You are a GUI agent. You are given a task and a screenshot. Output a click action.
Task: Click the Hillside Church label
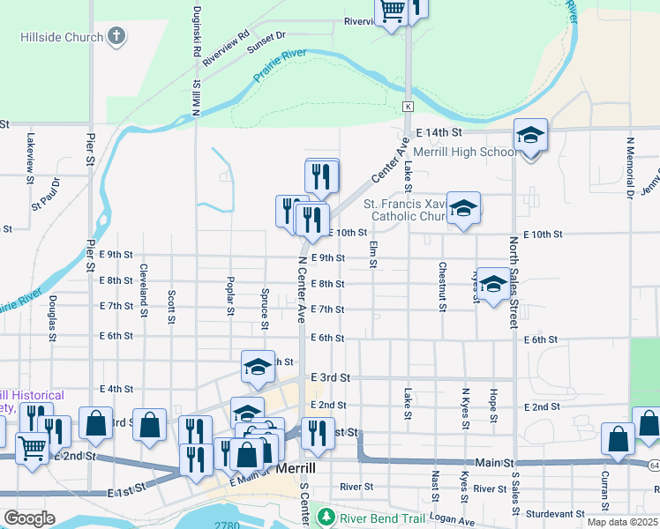click(x=61, y=38)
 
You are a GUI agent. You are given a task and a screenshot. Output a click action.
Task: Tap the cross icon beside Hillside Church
click(x=116, y=37)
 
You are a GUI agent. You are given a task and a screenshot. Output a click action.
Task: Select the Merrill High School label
click(x=465, y=152)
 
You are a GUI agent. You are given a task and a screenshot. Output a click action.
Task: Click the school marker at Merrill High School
click(x=531, y=136)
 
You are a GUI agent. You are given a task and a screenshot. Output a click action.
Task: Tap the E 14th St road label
click(x=439, y=132)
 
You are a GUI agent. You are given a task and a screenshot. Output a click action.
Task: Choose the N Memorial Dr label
click(x=630, y=166)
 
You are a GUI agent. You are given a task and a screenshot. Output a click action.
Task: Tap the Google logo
click(x=29, y=518)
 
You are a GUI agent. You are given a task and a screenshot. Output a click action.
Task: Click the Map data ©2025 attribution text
click(x=622, y=522)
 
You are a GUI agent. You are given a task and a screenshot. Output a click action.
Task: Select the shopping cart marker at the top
click(x=392, y=12)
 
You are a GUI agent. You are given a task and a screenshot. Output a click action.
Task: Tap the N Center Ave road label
click(x=301, y=290)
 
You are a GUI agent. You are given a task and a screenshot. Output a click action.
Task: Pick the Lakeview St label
click(x=30, y=150)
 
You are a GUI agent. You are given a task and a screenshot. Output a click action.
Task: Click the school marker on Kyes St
click(x=493, y=284)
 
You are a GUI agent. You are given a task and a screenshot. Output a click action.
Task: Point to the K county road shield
click(x=409, y=106)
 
